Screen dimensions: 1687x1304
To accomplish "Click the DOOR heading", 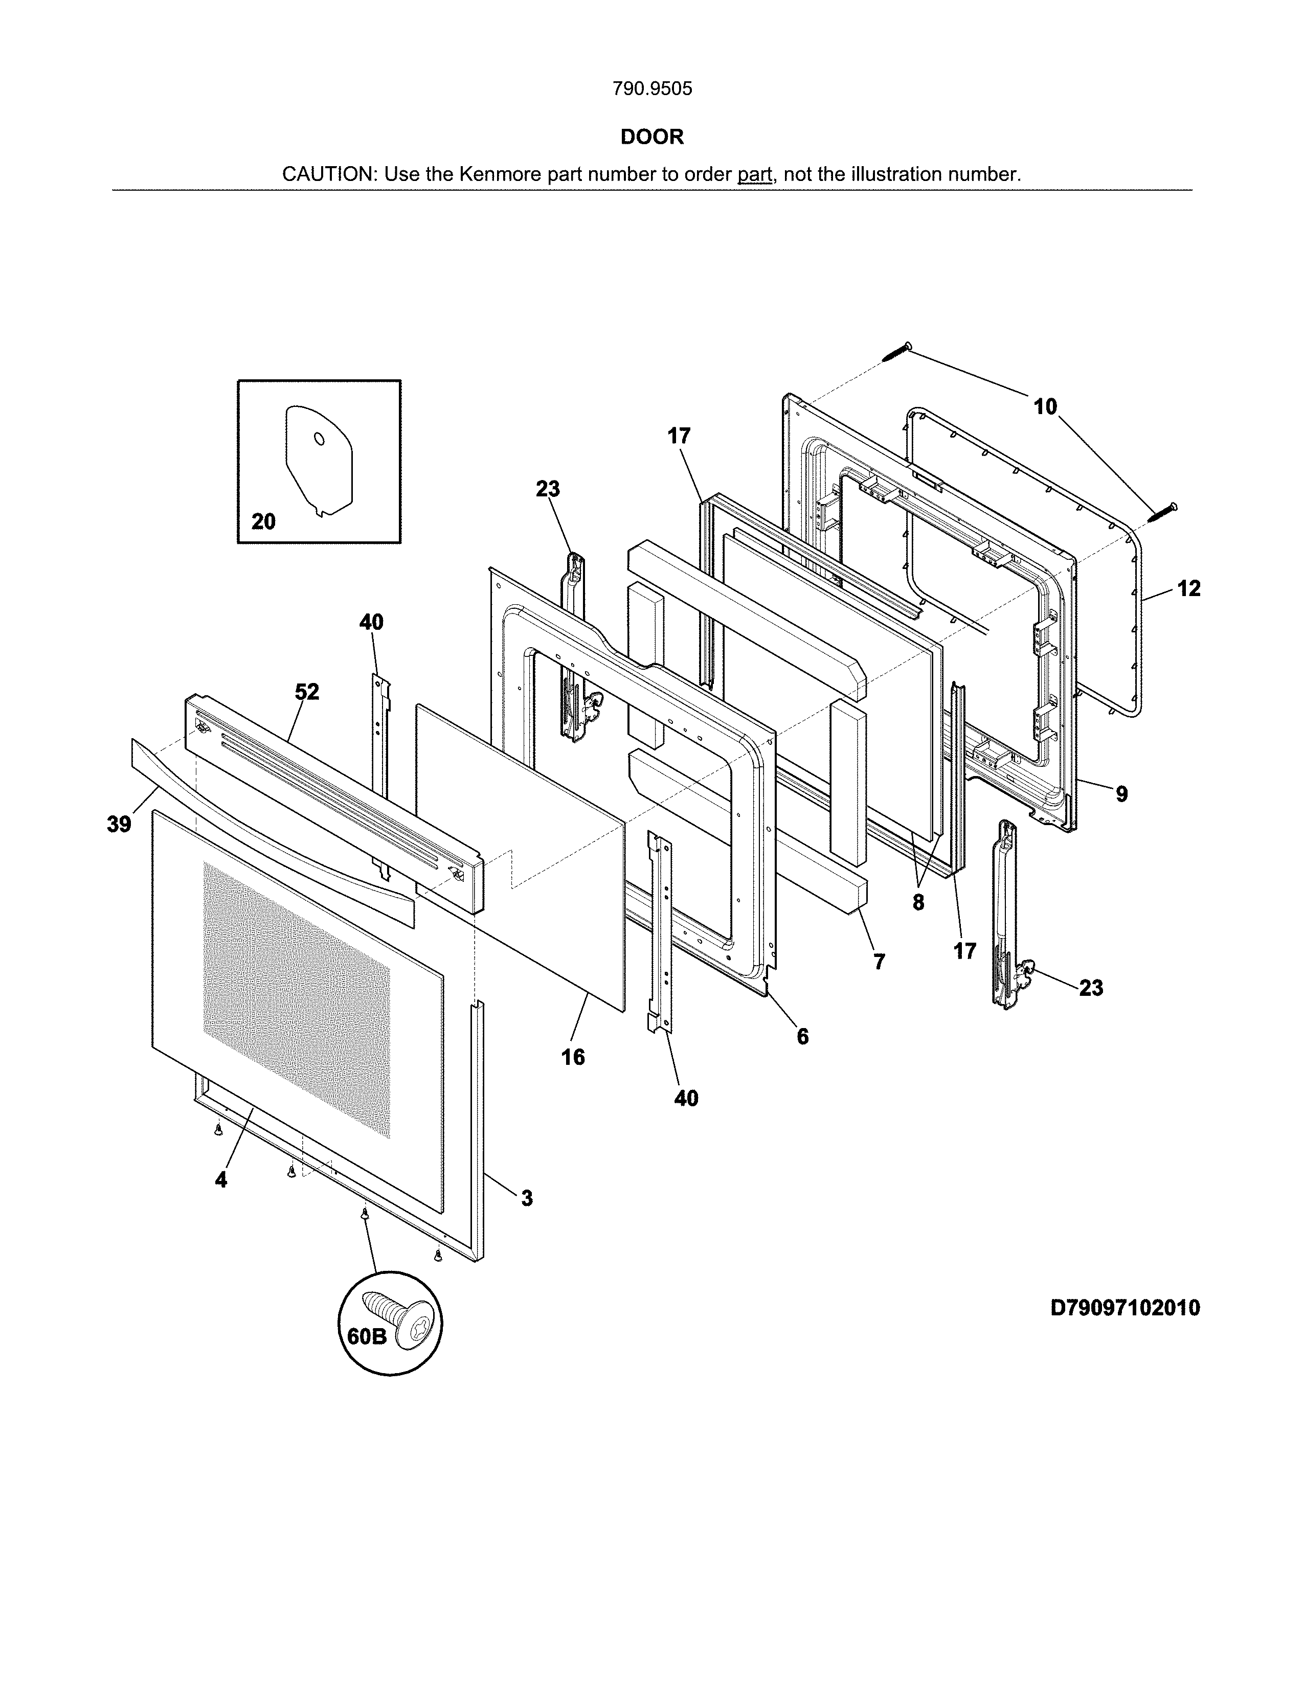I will [x=652, y=136].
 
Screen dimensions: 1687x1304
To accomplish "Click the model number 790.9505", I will [x=652, y=89].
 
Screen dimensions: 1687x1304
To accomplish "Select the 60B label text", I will [x=366, y=1336].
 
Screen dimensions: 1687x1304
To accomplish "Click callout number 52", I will [x=307, y=692].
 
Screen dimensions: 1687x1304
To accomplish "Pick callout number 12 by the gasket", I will [x=1189, y=588].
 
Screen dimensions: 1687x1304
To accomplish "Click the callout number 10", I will [x=1045, y=407].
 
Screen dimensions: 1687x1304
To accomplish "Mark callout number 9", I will [x=1121, y=793].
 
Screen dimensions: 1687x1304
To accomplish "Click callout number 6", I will [x=803, y=1037].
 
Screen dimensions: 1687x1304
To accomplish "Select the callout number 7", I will [x=879, y=962].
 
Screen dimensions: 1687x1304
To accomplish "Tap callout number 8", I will [x=918, y=902].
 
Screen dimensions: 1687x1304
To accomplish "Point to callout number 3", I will [x=527, y=1198].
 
